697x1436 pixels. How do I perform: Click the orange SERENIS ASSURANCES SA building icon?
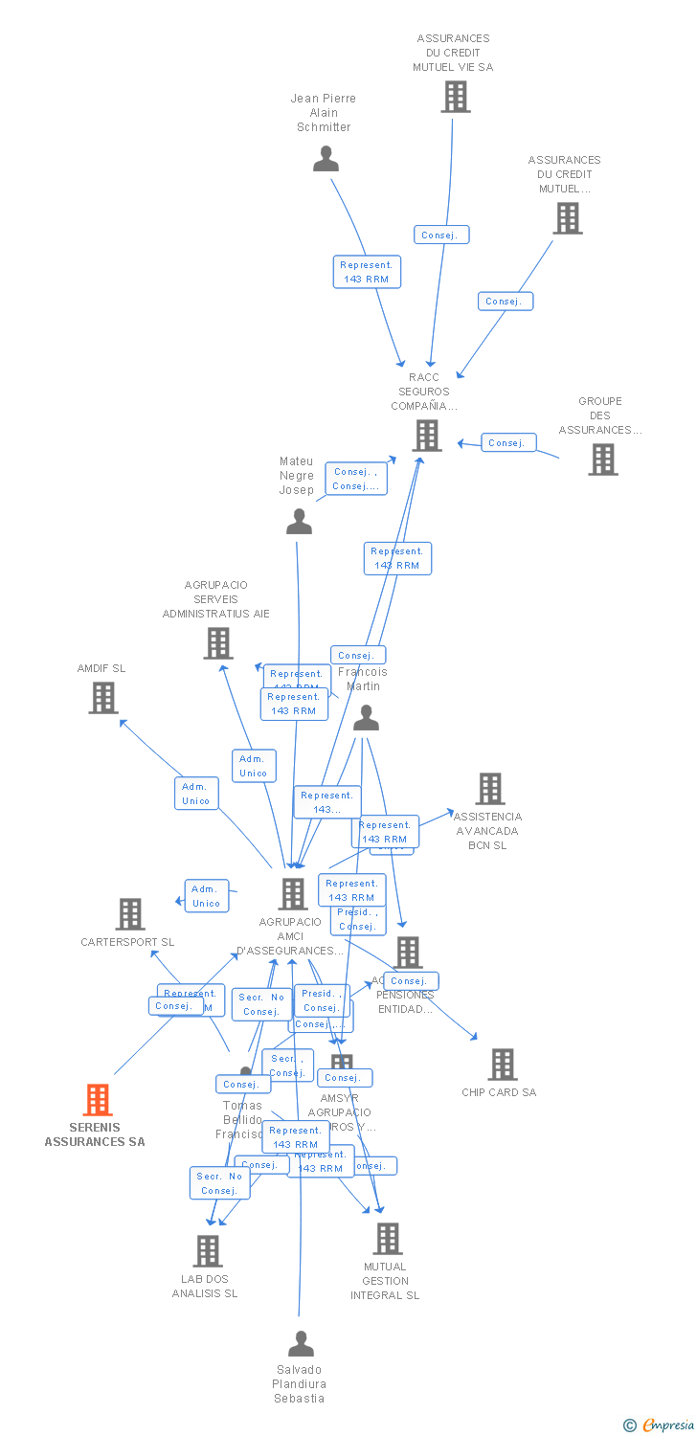pyautogui.click(x=98, y=1100)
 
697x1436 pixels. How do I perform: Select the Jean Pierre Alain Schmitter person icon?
pyautogui.click(x=326, y=159)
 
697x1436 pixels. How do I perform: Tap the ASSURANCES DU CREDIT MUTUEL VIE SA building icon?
pyautogui.click(x=455, y=97)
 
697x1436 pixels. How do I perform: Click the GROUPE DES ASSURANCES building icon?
pyautogui.click(x=602, y=460)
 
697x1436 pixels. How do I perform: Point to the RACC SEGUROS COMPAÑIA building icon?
pyautogui.click(x=426, y=436)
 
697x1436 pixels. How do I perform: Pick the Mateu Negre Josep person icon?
pyautogui.click(x=300, y=522)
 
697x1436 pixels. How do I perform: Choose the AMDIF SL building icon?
pyautogui.click(x=103, y=698)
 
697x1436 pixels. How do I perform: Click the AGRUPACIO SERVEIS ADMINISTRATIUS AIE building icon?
pyautogui.click(x=218, y=643)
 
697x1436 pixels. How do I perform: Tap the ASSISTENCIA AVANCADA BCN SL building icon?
pyautogui.click(x=489, y=789)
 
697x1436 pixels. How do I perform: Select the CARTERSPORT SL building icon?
pyautogui.click(x=130, y=914)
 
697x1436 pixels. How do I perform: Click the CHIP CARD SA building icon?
pyautogui.click(x=502, y=1065)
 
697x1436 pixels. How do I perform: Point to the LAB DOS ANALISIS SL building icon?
pyautogui.click(x=208, y=1250)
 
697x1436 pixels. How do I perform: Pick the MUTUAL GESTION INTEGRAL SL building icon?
pyautogui.click(x=387, y=1239)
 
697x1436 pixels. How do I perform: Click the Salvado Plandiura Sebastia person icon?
pyautogui.click(x=301, y=1344)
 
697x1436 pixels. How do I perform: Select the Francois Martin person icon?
pyautogui.click(x=366, y=719)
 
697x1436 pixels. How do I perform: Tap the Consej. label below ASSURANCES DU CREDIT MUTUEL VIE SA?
pyautogui.click(x=441, y=235)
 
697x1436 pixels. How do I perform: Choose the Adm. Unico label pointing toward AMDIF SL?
pyautogui.click(x=196, y=794)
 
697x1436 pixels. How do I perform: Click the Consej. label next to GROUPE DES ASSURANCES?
pyautogui.click(x=507, y=442)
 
